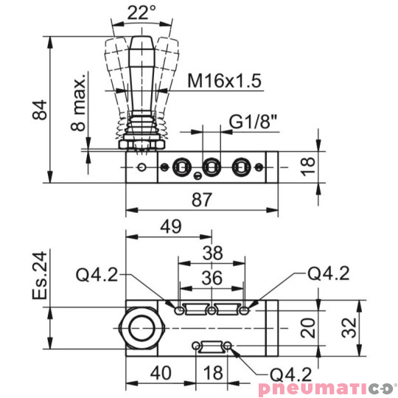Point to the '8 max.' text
tap(80, 102)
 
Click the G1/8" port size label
tap(253, 121)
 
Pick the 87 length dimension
tap(201, 200)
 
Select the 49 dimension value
tap(171, 227)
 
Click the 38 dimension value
tap(212, 253)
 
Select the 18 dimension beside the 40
tap(213, 373)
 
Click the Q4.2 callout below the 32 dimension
tap(285, 373)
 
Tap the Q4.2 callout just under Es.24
tap(97, 276)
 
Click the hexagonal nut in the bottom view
tap(141, 325)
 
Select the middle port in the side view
tap(212, 164)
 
